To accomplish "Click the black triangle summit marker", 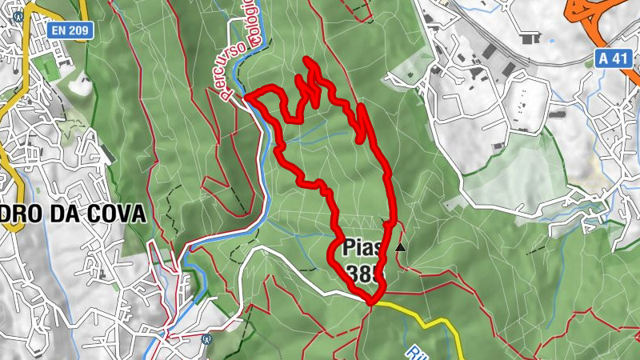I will [400, 247].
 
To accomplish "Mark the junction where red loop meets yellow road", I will [371, 302].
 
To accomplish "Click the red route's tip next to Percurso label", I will [246, 96].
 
